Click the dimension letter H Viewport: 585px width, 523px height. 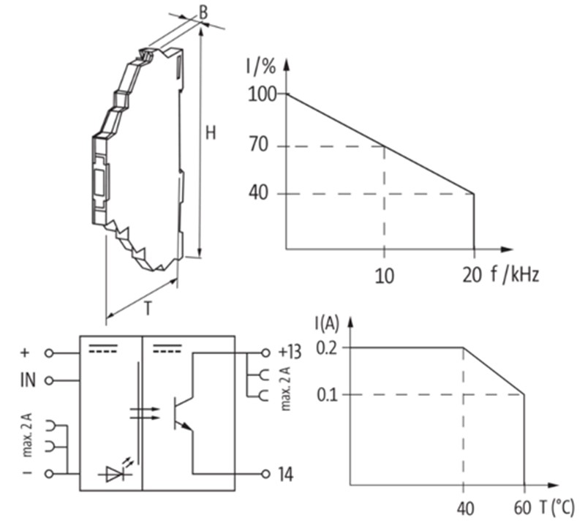point(211,133)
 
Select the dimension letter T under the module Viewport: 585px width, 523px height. point(147,309)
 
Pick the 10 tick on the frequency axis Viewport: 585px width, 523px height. point(384,275)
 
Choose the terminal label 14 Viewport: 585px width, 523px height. point(285,475)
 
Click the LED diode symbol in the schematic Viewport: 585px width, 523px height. point(116,473)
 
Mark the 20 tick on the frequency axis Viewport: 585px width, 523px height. point(472,275)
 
